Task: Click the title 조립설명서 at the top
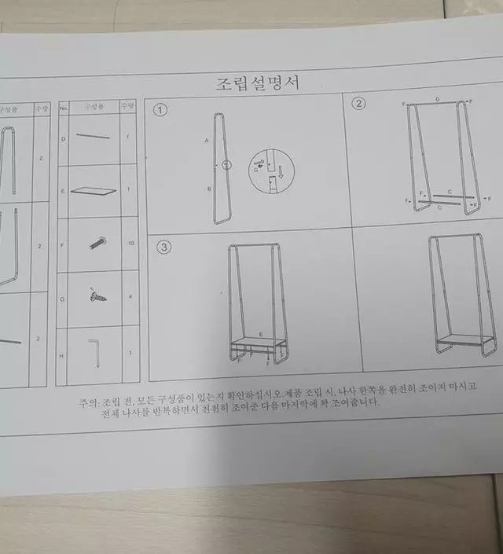coord(257,82)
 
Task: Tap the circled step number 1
coord(160,110)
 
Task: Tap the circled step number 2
coord(358,104)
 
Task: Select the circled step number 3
coord(163,248)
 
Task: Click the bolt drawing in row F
coord(98,244)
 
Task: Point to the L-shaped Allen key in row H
coord(96,353)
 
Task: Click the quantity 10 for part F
coord(130,244)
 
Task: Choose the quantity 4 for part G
coord(130,296)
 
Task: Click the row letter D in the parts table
coord(63,138)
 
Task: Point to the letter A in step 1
coord(207,141)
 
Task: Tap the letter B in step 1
coord(208,189)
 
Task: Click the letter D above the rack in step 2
coord(437,100)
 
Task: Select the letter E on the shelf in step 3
coord(261,336)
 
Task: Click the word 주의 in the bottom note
coord(88,403)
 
